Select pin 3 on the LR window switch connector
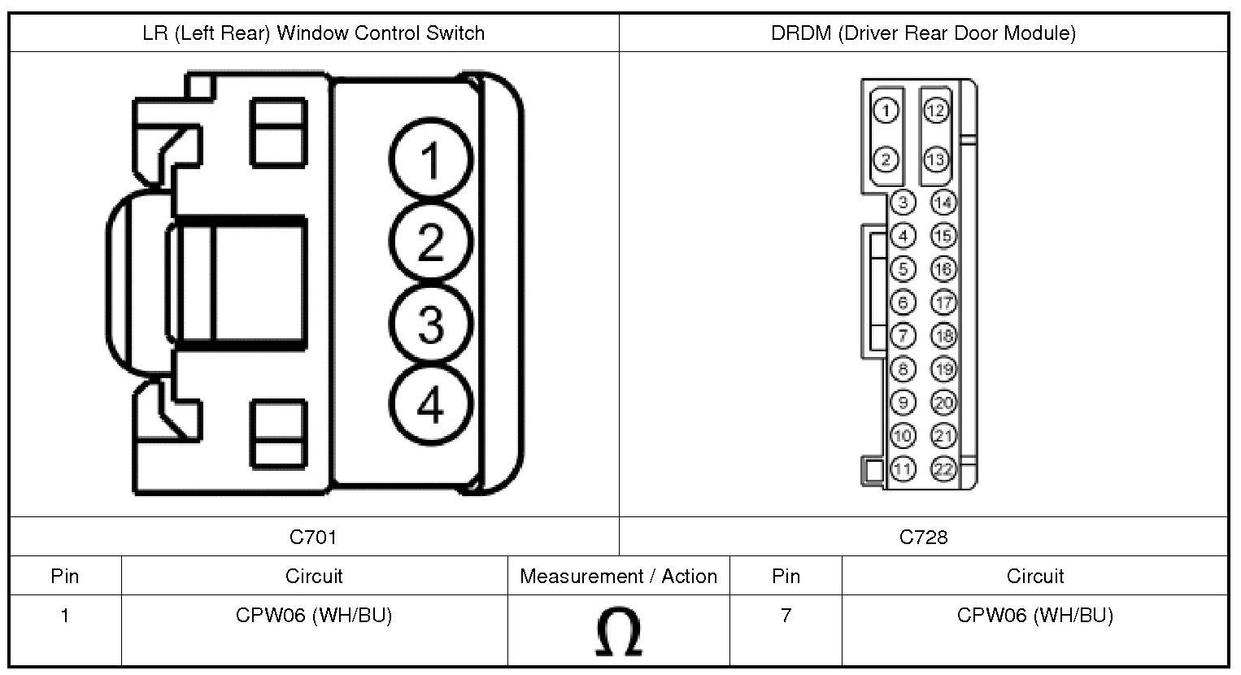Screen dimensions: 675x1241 click(430, 324)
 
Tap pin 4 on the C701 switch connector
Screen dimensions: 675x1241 click(430, 404)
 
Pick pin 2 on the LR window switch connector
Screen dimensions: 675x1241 click(430, 242)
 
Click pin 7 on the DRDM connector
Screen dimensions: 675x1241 click(903, 335)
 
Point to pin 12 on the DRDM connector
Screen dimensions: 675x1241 click(936, 111)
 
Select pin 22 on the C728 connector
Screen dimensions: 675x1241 click(943, 469)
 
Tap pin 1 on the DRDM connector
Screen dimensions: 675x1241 click(886, 111)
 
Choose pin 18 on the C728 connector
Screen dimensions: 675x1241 click(943, 335)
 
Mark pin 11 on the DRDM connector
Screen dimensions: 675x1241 click(903, 469)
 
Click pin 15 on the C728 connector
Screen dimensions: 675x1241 click(943, 236)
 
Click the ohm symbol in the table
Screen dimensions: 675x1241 click(618, 633)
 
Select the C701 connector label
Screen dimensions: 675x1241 click(313, 537)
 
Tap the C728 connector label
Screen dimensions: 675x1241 click(923, 537)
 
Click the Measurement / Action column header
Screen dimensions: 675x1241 click(618, 577)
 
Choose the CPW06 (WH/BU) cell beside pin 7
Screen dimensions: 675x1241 click(1034, 616)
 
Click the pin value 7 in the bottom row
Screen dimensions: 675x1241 click(786, 616)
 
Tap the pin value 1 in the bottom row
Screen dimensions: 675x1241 click(65, 616)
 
